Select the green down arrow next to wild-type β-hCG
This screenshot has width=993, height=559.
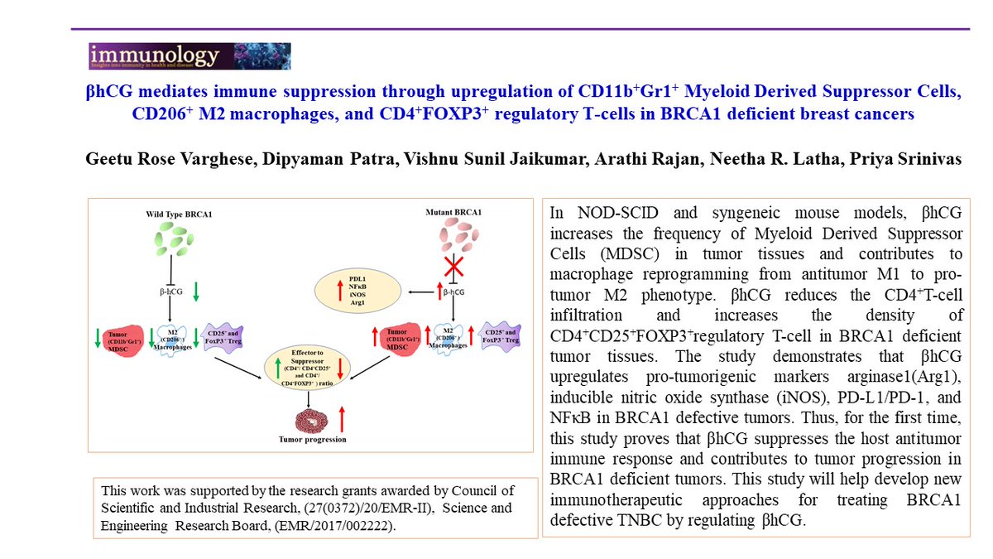coord(195,292)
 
